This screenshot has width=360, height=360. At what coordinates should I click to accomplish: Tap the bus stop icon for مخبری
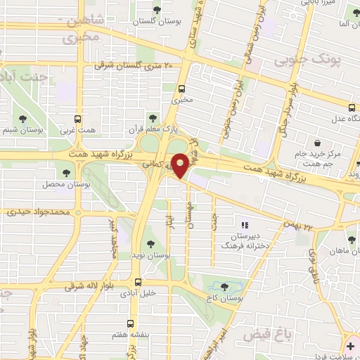[x=182, y=89]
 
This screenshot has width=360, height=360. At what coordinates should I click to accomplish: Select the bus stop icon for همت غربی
[x=79, y=119]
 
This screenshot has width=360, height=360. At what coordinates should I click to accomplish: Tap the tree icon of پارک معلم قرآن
[x=152, y=117]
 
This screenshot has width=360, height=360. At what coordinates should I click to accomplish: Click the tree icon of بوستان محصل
[x=67, y=171]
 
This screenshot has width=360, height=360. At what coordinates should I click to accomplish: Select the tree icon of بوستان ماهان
[x=352, y=240]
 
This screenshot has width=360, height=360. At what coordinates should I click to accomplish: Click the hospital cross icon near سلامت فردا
[x=350, y=347]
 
